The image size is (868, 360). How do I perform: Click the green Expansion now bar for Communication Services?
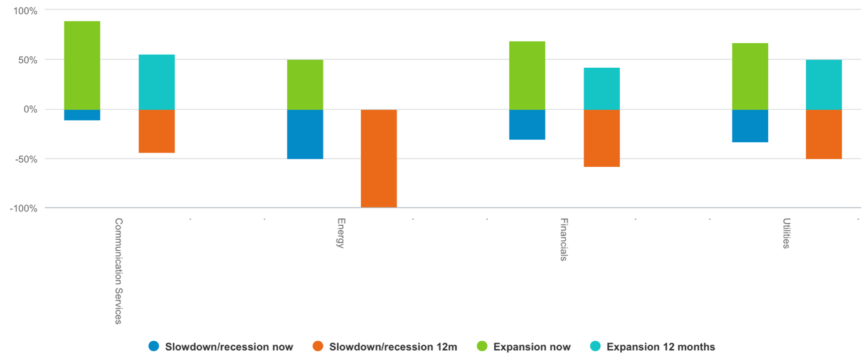tap(82, 65)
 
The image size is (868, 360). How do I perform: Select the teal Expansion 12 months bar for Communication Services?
tap(157, 82)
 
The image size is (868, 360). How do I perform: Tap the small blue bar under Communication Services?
tap(82, 115)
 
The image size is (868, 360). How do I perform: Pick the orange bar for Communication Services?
tap(157, 131)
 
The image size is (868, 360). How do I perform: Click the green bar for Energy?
tap(305, 85)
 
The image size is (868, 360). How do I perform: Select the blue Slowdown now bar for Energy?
tap(305, 134)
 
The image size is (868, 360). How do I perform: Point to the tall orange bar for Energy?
tap(379, 159)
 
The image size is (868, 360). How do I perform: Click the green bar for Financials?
tap(527, 75)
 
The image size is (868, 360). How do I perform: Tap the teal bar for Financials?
tap(602, 88)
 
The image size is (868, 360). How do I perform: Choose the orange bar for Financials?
tap(602, 139)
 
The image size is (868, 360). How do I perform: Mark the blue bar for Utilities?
tap(750, 126)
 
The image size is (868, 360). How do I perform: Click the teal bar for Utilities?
tap(824, 85)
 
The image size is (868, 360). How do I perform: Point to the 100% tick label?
tap(25, 11)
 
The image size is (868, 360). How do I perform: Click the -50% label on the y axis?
tap(26, 159)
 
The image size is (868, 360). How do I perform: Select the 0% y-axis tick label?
tap(31, 110)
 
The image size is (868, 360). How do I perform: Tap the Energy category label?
tap(341, 233)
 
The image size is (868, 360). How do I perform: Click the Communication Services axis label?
tap(118, 271)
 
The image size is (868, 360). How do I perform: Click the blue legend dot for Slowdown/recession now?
tap(154, 346)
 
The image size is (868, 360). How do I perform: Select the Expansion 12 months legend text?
tap(660, 346)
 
